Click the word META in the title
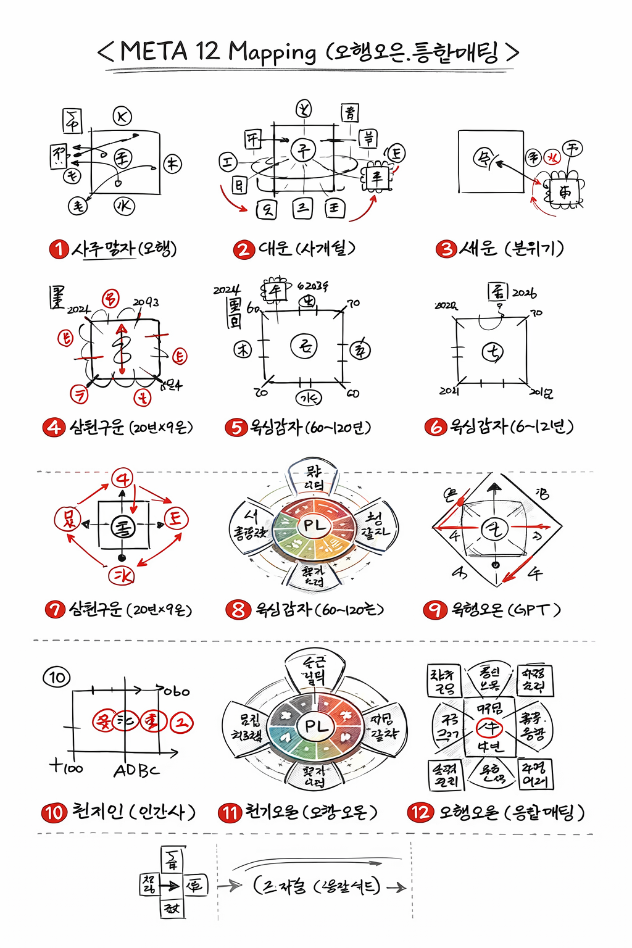[153, 51]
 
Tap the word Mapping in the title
[272, 52]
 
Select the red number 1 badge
[59, 249]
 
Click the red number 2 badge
[244, 249]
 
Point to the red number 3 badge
[446, 249]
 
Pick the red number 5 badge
[236, 427]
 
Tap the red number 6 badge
[435, 426]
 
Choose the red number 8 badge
[238, 610]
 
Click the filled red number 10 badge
[54, 812]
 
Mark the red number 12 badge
[420, 812]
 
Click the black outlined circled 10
[57, 677]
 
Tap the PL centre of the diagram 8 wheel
[314, 526]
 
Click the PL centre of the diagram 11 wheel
[316, 726]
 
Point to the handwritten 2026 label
[524, 293]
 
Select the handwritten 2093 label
[146, 302]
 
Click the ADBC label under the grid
[136, 770]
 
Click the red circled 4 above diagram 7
[122, 478]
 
